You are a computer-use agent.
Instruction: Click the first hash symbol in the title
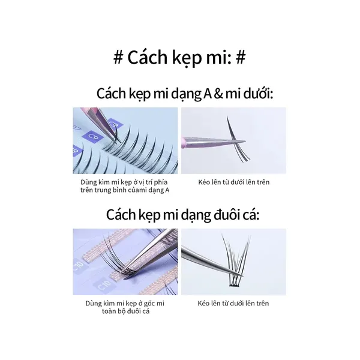(x=118, y=57)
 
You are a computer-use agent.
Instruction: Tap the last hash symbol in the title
(x=241, y=57)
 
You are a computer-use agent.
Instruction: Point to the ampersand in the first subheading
(x=218, y=94)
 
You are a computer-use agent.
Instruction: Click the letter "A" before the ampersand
(x=208, y=94)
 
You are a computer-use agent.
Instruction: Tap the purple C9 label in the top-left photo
(x=92, y=137)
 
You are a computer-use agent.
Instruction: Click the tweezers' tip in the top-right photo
(x=245, y=142)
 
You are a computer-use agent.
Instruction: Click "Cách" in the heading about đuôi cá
(x=118, y=215)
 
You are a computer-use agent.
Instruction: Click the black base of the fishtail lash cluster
(x=236, y=285)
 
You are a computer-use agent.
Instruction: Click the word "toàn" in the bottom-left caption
(x=109, y=311)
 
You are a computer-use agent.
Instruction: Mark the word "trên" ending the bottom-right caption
(x=263, y=304)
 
